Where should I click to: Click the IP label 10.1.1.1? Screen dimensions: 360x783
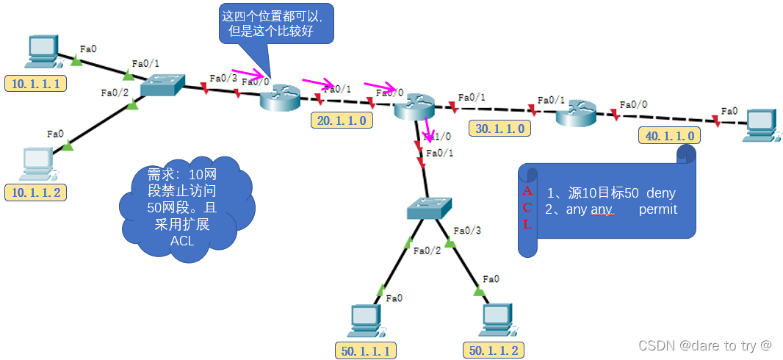(x=35, y=83)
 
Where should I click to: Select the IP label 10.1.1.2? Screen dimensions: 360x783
(x=35, y=193)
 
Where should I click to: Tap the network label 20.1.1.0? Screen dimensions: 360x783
(x=342, y=120)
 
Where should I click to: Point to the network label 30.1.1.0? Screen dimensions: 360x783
(x=500, y=129)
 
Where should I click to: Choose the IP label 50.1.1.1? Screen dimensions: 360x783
(x=366, y=350)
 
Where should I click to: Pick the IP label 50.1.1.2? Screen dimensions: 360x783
(x=494, y=350)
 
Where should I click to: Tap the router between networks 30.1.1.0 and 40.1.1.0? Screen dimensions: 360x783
(x=577, y=115)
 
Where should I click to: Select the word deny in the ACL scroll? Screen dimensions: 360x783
(x=660, y=193)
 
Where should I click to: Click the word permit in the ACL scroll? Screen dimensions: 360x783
(x=657, y=209)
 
